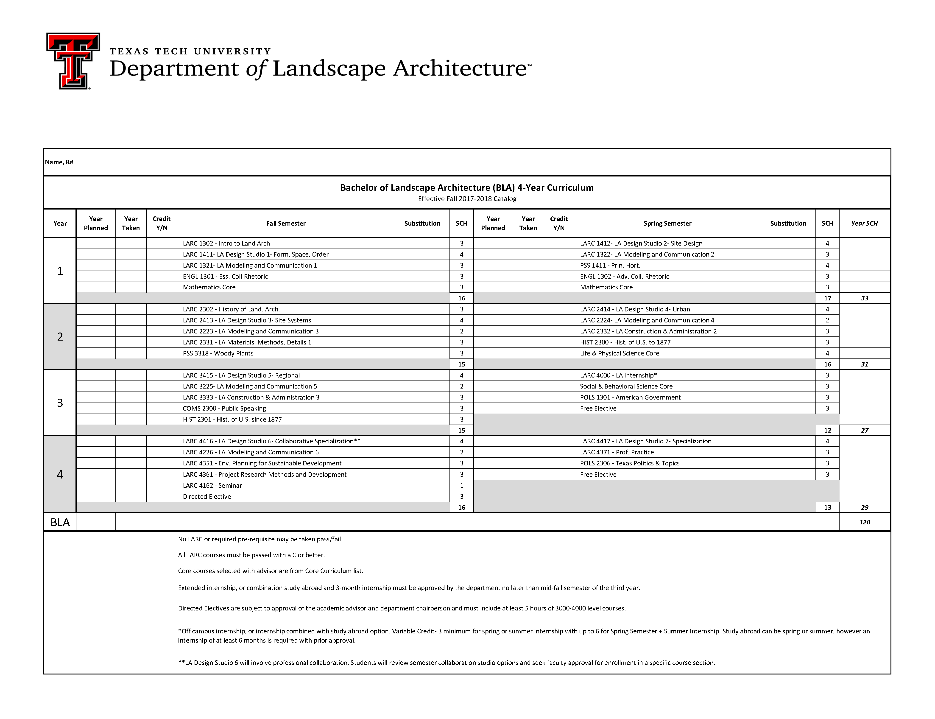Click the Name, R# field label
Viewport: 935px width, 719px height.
point(59,162)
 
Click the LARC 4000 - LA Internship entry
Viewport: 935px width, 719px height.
point(618,376)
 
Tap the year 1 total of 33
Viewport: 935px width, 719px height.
point(864,298)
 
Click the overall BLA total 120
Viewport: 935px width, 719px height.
point(864,522)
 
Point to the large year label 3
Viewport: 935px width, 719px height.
point(60,403)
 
